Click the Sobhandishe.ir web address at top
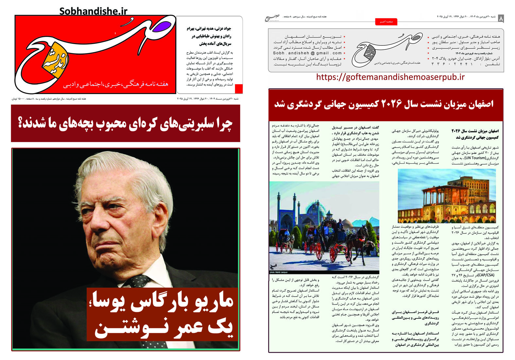click(x=93, y=11)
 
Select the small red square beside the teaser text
click(x=239, y=89)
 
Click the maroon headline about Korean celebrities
click(x=125, y=123)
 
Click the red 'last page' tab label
click(x=386, y=22)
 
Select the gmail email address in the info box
click(x=307, y=53)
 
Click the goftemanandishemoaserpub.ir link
click(x=390, y=77)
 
